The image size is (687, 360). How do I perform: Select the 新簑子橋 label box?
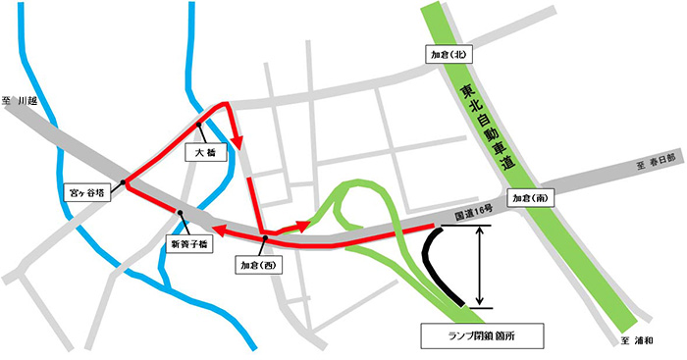[182, 243]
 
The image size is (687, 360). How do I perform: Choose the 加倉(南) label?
[530, 197]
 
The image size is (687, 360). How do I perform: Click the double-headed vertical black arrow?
[480, 266]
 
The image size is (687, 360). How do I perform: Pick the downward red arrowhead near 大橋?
[238, 145]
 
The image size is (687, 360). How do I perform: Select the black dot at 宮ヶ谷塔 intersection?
[127, 182]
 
